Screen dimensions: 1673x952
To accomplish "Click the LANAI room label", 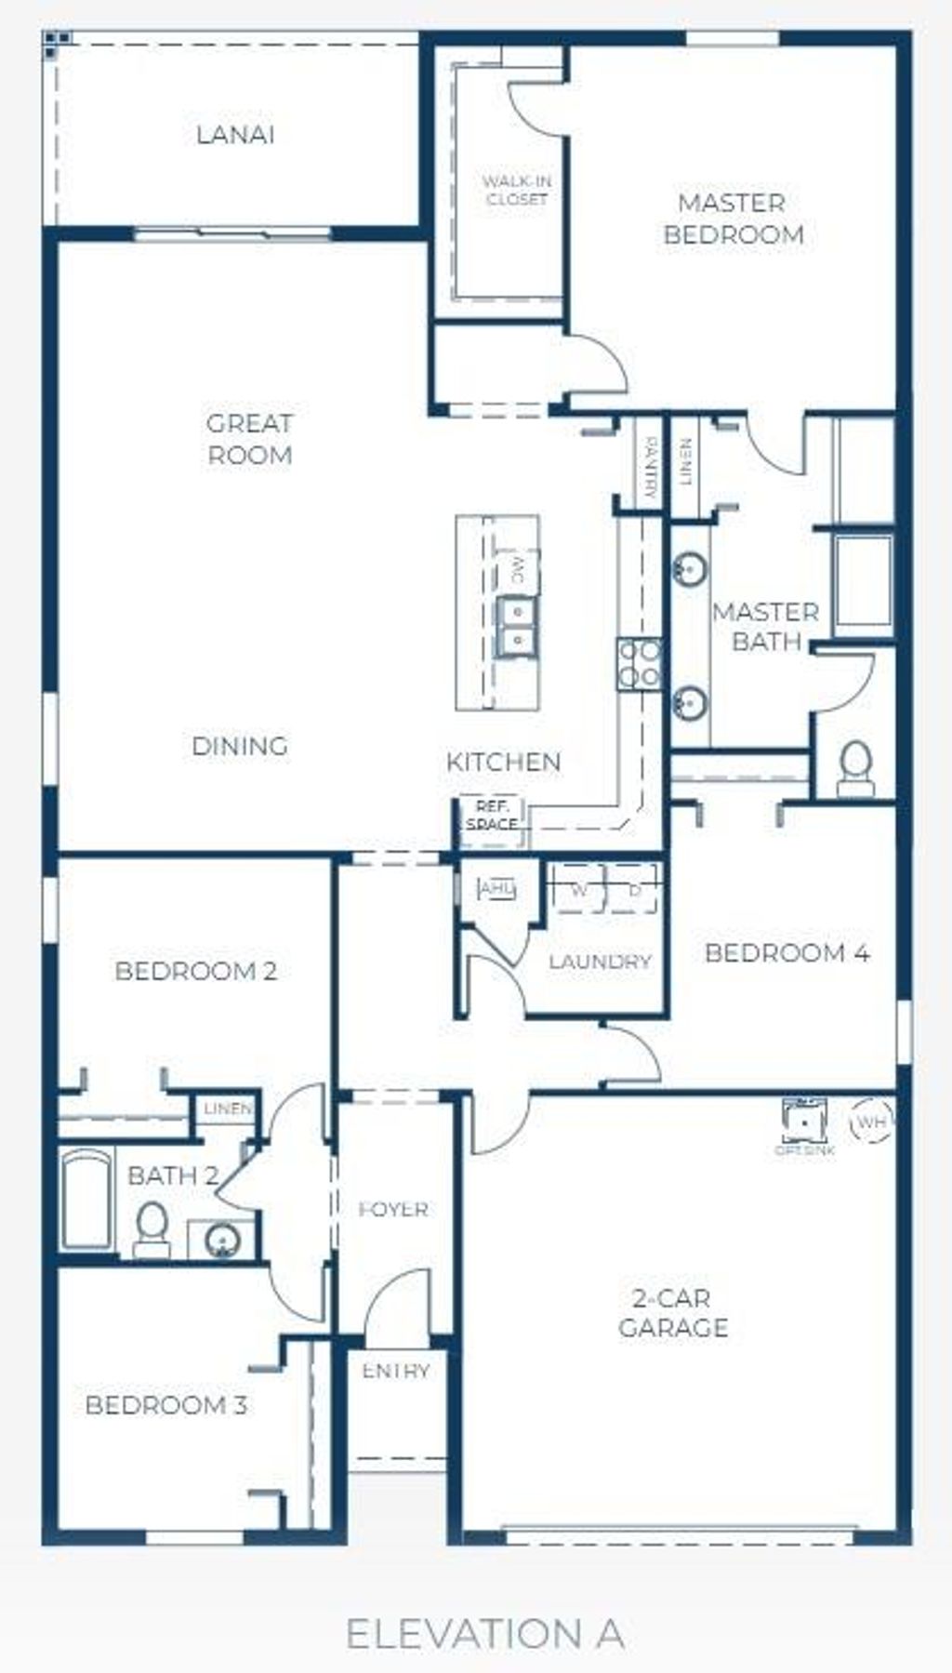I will [235, 135].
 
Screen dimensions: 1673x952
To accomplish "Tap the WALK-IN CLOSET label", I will [516, 191].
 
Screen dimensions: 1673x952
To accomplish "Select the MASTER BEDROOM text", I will [733, 219].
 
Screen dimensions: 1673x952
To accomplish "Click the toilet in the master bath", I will [855, 769].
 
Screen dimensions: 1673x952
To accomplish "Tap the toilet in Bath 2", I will [152, 1228].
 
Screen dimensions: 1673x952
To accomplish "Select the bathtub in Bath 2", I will [86, 1201].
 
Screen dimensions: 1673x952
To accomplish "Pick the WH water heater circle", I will [871, 1122].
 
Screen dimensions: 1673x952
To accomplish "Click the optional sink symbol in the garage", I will [804, 1122].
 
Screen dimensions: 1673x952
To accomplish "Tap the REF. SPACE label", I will [492, 816].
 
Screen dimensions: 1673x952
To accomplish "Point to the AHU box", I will [496, 889].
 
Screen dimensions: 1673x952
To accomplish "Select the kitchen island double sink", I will [515, 626].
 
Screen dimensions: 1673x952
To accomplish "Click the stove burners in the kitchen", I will [640, 664].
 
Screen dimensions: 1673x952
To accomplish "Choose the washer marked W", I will [578, 890].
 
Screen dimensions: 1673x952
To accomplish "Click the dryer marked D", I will [635, 890].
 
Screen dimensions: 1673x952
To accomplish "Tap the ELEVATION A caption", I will [484, 1634].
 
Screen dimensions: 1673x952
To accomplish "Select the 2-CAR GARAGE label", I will [673, 1312].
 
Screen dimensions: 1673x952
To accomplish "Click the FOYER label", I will [394, 1209].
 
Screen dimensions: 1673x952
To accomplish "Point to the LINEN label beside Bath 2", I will [228, 1109].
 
